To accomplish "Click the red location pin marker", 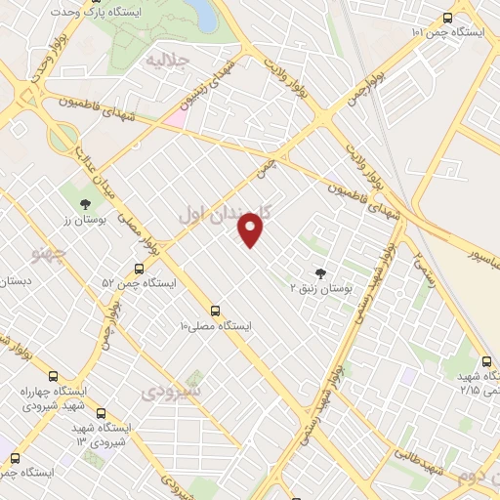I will click(251, 230).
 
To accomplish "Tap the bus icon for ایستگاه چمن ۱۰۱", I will click(447, 18).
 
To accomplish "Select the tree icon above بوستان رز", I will click(85, 204).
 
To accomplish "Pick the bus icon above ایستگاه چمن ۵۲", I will click(140, 268).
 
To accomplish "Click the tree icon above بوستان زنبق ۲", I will click(321, 272).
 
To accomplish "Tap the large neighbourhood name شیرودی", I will click(171, 391).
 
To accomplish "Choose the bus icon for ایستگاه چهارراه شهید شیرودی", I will click(53, 376).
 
